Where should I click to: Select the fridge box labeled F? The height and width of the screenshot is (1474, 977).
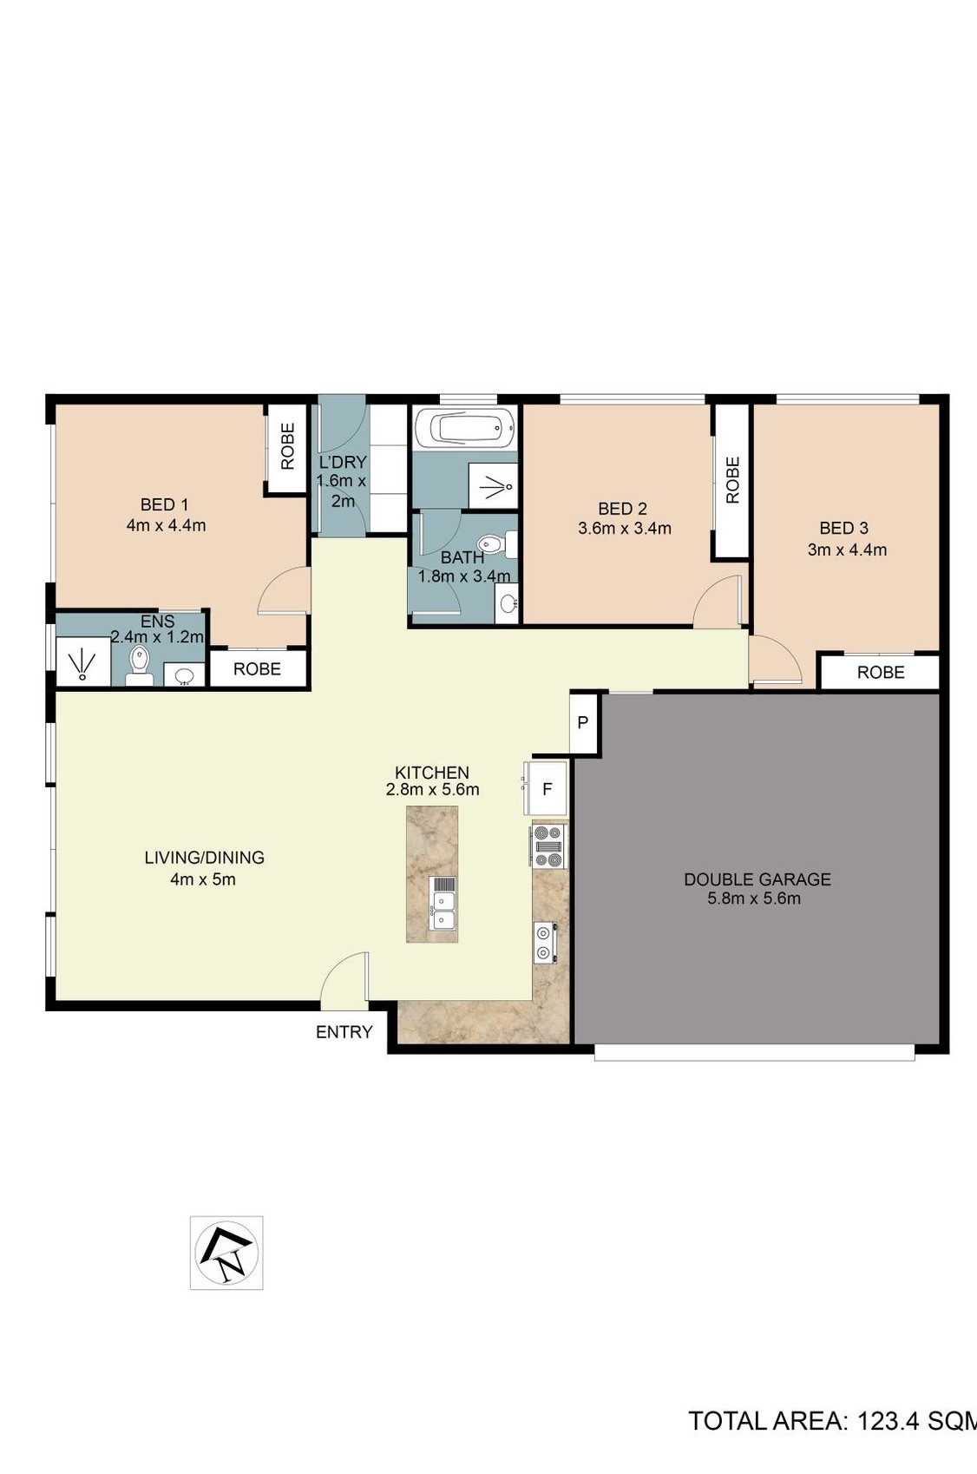pyautogui.click(x=548, y=788)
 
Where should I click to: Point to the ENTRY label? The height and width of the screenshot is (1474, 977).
pyautogui.click(x=344, y=1032)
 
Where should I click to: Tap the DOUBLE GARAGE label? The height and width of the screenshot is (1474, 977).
pyautogui.click(x=757, y=879)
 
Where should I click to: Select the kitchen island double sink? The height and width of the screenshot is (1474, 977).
pyautogui.click(x=443, y=903)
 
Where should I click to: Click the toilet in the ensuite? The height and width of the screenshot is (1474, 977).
pyautogui.click(x=139, y=665)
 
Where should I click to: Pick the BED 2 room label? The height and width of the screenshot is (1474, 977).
pyautogui.click(x=622, y=508)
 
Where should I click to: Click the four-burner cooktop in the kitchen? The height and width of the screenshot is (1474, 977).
pyautogui.click(x=548, y=846)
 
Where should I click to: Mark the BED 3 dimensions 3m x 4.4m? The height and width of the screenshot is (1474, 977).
pyautogui.click(x=848, y=549)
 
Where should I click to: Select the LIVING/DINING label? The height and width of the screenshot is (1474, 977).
pyautogui.click(x=205, y=858)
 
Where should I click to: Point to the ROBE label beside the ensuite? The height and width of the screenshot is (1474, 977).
pyautogui.click(x=257, y=668)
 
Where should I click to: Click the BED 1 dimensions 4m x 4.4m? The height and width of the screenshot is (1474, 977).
pyautogui.click(x=166, y=525)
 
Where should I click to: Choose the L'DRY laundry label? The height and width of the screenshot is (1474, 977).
pyautogui.click(x=342, y=461)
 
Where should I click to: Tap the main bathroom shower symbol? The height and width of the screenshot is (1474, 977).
pyautogui.click(x=493, y=485)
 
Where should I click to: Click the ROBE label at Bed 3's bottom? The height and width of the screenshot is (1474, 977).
pyautogui.click(x=881, y=672)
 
